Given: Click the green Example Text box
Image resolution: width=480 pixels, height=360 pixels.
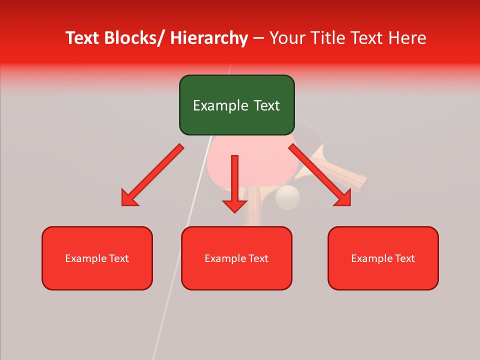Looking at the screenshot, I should click(236, 105).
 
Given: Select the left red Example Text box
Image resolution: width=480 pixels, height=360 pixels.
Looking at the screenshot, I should click(97, 258).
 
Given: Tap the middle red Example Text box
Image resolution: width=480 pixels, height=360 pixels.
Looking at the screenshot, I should click(236, 258).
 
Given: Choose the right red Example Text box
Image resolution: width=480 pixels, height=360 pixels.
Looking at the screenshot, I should click(383, 258).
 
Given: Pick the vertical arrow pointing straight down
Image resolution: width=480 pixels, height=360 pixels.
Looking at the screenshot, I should click(234, 182).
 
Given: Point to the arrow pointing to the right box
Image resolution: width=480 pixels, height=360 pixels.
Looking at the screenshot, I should click(320, 175).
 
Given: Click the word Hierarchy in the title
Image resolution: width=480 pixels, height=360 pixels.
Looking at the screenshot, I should click(209, 38).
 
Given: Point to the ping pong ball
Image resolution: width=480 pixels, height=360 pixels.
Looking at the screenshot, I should click(287, 197).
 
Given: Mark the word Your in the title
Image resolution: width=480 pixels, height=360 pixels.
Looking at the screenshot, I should click(287, 38).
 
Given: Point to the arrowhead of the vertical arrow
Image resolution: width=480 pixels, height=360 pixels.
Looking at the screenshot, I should click(234, 206).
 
